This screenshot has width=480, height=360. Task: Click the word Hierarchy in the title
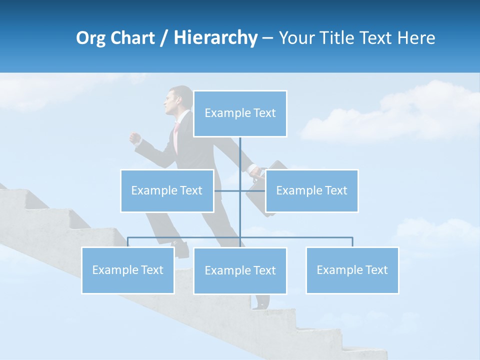tap(215, 38)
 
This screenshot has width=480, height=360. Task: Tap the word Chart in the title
tap(132, 38)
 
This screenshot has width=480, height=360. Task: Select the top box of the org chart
tap(240, 113)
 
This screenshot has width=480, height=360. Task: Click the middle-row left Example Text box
tap(167, 190)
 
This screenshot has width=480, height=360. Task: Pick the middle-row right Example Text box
tap(311, 190)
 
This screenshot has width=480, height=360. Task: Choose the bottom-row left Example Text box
tap(127, 270)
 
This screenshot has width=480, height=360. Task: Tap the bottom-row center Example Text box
tap(240, 270)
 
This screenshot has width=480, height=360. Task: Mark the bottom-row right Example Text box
tap(352, 270)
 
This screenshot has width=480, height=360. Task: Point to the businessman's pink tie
tap(176, 137)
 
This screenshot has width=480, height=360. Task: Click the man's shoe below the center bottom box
tap(261, 301)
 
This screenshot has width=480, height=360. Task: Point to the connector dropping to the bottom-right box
tap(352, 241)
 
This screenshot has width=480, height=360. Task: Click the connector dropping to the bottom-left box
tap(127, 241)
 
